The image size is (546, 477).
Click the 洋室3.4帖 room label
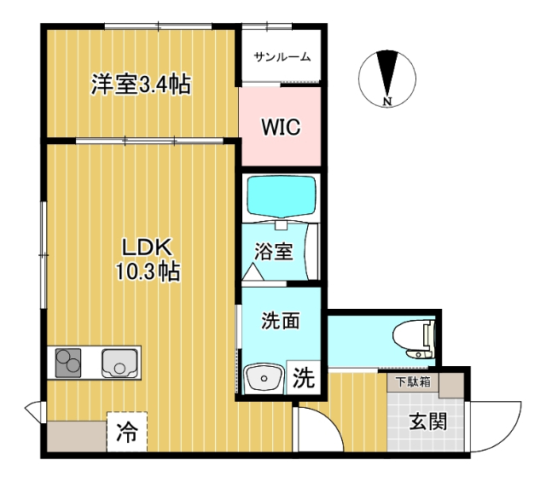[141, 84]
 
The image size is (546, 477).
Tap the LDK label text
[148, 247]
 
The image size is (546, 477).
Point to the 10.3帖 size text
[148, 271]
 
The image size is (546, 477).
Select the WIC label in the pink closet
[280, 128]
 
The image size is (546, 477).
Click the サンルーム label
[281, 57]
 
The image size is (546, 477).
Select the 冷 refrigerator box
[127, 432]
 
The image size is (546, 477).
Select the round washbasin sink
[264, 376]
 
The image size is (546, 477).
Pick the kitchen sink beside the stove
[119, 364]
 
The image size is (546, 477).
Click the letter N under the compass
[387, 102]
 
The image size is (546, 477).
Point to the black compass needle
[388, 73]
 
